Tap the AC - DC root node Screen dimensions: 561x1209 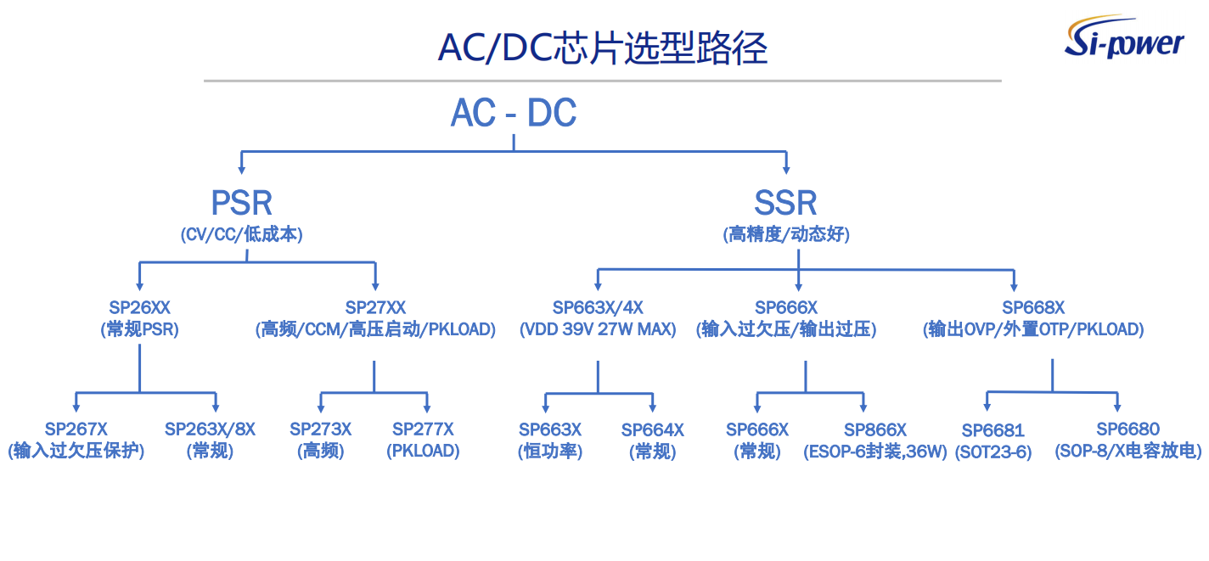[x=514, y=113]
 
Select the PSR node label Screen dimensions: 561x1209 [x=242, y=203]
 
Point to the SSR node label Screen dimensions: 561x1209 [x=785, y=203]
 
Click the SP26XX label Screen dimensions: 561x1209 [x=139, y=307]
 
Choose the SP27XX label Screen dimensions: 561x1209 [x=375, y=307]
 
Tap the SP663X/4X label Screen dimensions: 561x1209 [x=598, y=307]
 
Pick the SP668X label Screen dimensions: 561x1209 [x=1032, y=307]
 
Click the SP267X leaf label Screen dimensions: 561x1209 [x=76, y=429]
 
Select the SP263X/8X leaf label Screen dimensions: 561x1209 [x=210, y=429]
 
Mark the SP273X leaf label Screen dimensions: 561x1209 [x=320, y=429]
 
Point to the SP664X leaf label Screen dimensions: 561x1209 [x=652, y=430]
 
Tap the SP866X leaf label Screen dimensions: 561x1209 [x=875, y=430]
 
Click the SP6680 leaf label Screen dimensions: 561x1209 [x=1127, y=429]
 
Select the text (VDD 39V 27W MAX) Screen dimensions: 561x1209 [x=598, y=329]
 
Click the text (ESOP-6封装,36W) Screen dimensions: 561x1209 [x=875, y=452]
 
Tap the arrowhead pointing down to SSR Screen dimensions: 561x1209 [x=785, y=167]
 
